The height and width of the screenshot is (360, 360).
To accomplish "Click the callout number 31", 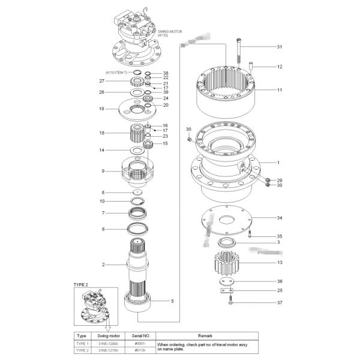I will click(x=279, y=47).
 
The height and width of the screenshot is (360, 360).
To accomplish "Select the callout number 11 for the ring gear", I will click(x=279, y=90).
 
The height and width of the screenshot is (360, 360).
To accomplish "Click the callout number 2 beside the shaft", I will click(x=103, y=264).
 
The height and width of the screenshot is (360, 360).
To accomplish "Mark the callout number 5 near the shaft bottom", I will click(x=172, y=301).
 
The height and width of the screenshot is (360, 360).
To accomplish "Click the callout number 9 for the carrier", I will click(x=103, y=171).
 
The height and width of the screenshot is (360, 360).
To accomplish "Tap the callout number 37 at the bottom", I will click(x=279, y=303).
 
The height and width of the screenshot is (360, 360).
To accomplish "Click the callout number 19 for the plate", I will click(x=102, y=109).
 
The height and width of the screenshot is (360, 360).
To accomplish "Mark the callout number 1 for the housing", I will click(x=279, y=163).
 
